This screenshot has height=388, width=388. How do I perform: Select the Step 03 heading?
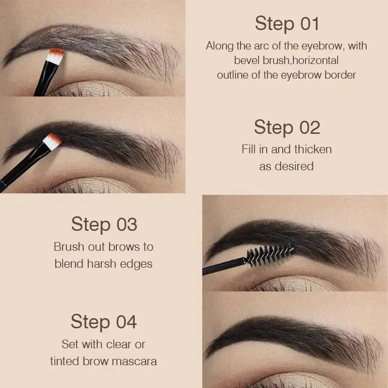[x=104, y=225]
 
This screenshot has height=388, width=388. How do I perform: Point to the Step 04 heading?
[x=104, y=322]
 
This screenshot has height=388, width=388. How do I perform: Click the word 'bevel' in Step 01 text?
[x=248, y=61]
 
